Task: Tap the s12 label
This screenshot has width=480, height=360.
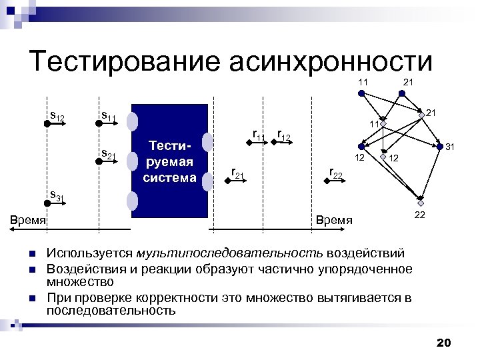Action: [x=57, y=117]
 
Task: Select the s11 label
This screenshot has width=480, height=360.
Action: [x=108, y=117]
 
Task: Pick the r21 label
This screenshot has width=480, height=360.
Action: [x=237, y=174]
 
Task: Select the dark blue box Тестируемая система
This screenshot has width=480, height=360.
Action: [x=170, y=161]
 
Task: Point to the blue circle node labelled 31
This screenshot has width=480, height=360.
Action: [x=439, y=146]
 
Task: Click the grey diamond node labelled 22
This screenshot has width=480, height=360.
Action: [x=421, y=202]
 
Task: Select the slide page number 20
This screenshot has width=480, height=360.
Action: [x=443, y=343]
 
